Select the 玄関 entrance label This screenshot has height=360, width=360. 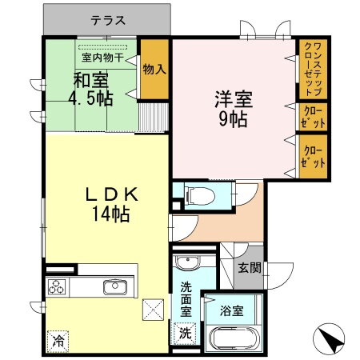pyautogui.click(x=249, y=266)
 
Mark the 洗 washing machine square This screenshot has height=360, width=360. pyautogui.click(x=184, y=332)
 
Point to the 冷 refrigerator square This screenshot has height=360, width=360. pyautogui.click(x=58, y=340)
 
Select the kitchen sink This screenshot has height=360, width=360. pyautogui.click(x=114, y=286)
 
